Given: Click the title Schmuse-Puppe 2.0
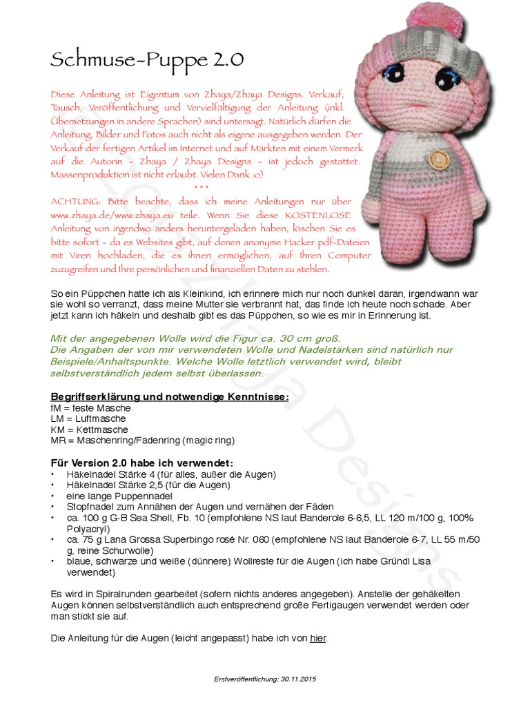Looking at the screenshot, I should tap(146, 60).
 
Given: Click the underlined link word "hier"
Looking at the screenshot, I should tap(317, 639).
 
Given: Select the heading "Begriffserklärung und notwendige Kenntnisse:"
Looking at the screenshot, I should tap(170, 396).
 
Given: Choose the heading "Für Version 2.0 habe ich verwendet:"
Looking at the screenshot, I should tap(142, 462).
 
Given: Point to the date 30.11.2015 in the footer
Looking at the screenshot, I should tap(298, 679).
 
